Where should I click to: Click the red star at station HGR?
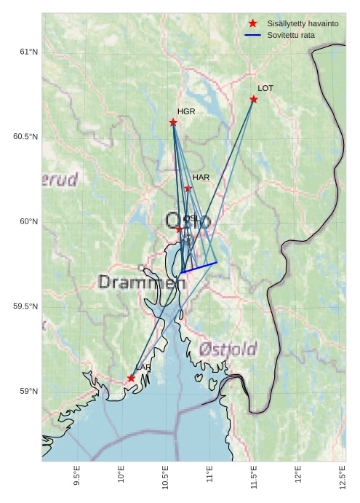(x=173, y=122)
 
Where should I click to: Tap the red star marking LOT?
(x=254, y=99)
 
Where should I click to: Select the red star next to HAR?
(x=188, y=189)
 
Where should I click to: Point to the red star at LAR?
(x=132, y=379)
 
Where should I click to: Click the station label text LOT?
(x=265, y=88)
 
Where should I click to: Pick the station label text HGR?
(x=186, y=111)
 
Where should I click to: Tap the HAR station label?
(x=201, y=177)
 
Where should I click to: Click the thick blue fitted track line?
(x=199, y=267)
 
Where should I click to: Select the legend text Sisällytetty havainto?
(x=303, y=24)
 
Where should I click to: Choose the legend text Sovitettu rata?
(x=291, y=35)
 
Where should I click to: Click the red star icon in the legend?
(x=252, y=24)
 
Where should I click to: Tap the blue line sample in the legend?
(x=252, y=35)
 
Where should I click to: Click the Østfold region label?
(x=228, y=349)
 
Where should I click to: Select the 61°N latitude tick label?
(x=28, y=52)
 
